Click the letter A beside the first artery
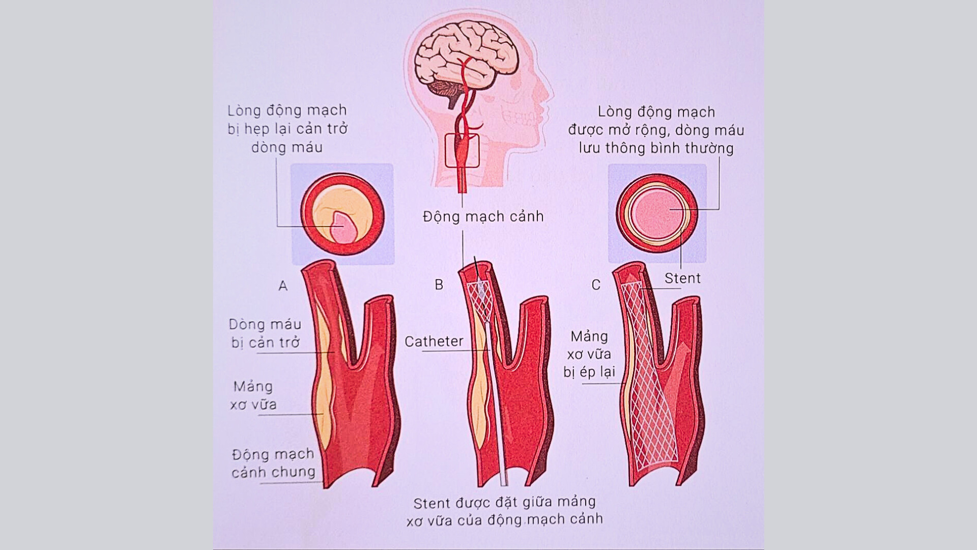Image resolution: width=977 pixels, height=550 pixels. pyautogui.click(x=283, y=286)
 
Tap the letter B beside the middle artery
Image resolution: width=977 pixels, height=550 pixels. pyautogui.click(x=439, y=285)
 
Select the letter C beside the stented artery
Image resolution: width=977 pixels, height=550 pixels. pyautogui.click(x=596, y=285)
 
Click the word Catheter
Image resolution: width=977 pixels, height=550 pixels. pyautogui.click(x=434, y=341)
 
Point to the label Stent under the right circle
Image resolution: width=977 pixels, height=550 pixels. pyautogui.click(x=682, y=278)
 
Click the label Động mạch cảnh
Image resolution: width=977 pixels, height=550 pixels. pyautogui.click(x=483, y=216)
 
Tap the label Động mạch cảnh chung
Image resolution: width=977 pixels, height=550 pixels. pyautogui.click(x=273, y=463)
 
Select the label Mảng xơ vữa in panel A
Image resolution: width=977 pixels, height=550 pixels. pyautogui.click(x=253, y=395)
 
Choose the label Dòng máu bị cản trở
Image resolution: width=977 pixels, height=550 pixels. pyautogui.click(x=265, y=333)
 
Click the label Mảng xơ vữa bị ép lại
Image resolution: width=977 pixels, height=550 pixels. pyautogui.click(x=589, y=354)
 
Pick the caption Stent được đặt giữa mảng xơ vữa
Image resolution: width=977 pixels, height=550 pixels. pyautogui.click(x=504, y=511)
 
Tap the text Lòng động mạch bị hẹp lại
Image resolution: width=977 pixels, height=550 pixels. pyautogui.click(x=287, y=128)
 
